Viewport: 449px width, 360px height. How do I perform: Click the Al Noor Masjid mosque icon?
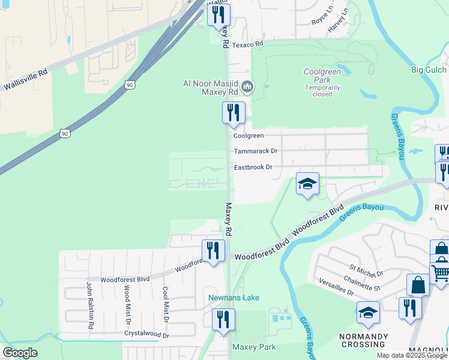[247, 88]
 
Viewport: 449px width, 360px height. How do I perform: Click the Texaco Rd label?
[248, 44]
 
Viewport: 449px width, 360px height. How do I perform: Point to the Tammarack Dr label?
[256, 151]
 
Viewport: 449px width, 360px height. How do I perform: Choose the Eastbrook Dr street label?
[253, 167]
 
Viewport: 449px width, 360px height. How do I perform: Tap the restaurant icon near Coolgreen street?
[234, 112]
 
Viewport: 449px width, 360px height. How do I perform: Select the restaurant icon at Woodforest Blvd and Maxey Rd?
[212, 250]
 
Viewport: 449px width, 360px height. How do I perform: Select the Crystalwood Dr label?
[146, 334]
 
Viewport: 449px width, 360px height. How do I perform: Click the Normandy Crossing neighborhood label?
[363, 340]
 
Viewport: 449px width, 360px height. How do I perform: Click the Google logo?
[20, 352]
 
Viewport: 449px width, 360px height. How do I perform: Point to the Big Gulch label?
[429, 70]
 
